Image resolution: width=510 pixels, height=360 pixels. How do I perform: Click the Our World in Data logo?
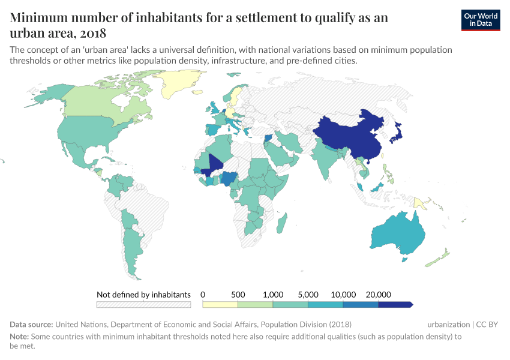click(x=481, y=20)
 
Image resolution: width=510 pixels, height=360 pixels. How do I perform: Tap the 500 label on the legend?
click(x=238, y=295)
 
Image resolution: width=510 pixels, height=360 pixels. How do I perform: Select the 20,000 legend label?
click(x=378, y=295)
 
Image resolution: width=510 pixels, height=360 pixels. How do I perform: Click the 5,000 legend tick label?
click(x=308, y=295)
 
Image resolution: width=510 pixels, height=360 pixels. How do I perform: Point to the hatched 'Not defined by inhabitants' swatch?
click(x=143, y=305)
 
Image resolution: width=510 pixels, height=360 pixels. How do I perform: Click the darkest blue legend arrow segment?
click(x=395, y=305)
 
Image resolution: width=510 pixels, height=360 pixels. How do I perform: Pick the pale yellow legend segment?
click(x=220, y=305)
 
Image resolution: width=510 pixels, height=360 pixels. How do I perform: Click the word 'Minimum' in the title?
click(x=38, y=17)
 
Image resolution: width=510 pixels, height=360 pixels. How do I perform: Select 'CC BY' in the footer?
click(x=487, y=325)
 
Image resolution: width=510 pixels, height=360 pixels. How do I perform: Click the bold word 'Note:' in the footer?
click(x=20, y=337)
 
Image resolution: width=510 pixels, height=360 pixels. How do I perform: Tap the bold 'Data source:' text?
click(x=31, y=325)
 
